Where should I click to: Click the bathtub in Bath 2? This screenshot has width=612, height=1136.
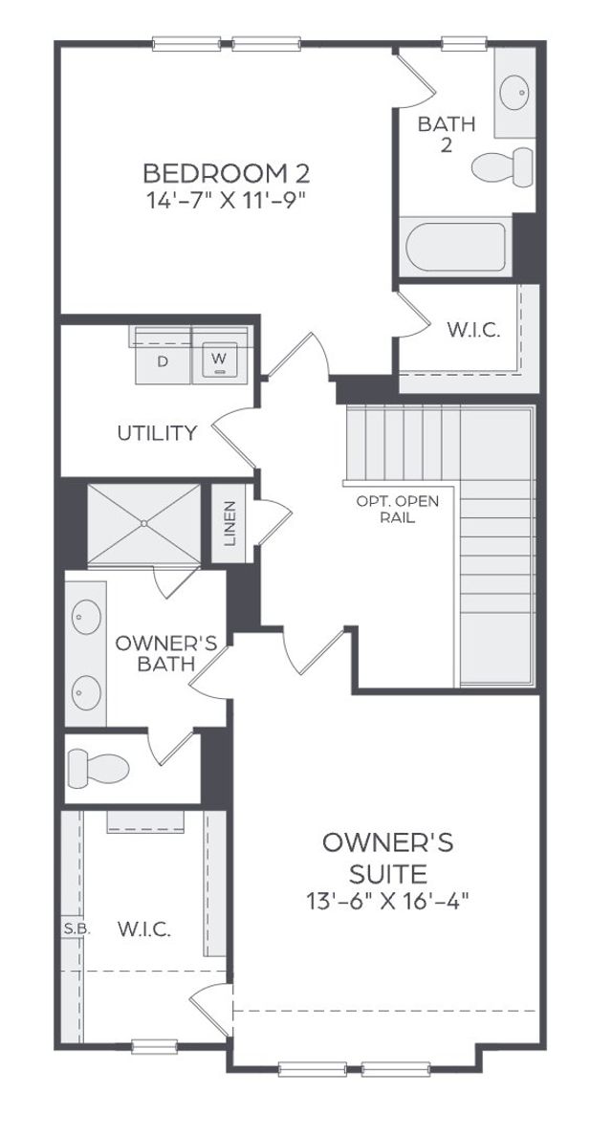click(455, 248)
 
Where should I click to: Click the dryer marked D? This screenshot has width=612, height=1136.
click(162, 361)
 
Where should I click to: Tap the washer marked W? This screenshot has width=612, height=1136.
click(221, 361)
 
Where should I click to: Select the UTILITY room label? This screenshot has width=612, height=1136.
click(157, 433)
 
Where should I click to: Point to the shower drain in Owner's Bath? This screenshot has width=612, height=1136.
click(143, 523)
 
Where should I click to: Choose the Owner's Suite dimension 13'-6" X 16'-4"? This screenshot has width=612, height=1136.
click(387, 900)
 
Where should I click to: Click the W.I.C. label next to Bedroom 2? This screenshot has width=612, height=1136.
click(470, 332)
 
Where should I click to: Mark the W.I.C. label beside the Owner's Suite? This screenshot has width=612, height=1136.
click(144, 928)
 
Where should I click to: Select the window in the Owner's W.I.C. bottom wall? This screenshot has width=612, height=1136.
click(154, 1046)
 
